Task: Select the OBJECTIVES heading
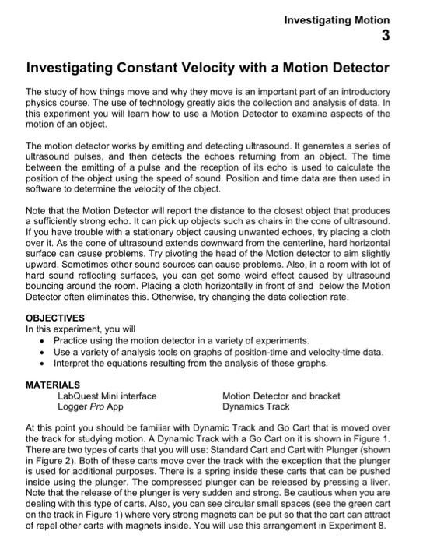pos(58,318)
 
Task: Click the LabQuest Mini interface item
pos(107,396)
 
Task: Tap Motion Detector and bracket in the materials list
pos(281,396)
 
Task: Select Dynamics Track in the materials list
pos(255,406)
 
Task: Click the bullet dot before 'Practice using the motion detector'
pos(44,341)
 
